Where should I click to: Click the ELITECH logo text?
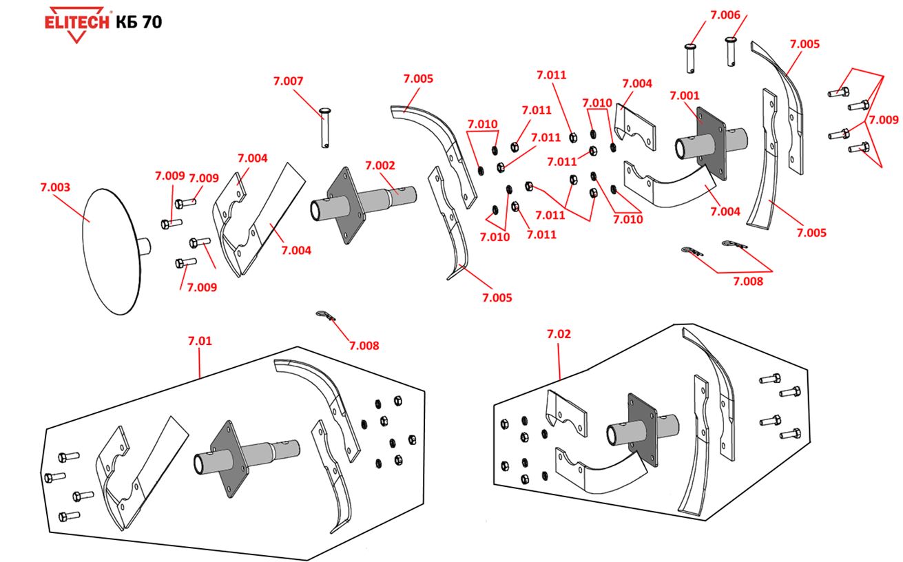[x=76, y=21]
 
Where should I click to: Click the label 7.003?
[x=56, y=187]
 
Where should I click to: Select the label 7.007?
[x=288, y=81]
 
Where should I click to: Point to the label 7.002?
[x=380, y=165]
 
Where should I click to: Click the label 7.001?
[x=684, y=95]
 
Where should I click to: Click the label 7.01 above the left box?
[x=200, y=340]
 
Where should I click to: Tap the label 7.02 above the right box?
[x=559, y=334]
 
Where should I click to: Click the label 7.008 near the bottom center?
[x=364, y=345]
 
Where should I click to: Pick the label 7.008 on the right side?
[x=747, y=280]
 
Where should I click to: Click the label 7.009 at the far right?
[x=883, y=119]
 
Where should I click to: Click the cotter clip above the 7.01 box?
[x=324, y=315]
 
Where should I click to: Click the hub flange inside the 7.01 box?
[x=226, y=460]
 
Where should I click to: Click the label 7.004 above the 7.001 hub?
[x=636, y=83]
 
